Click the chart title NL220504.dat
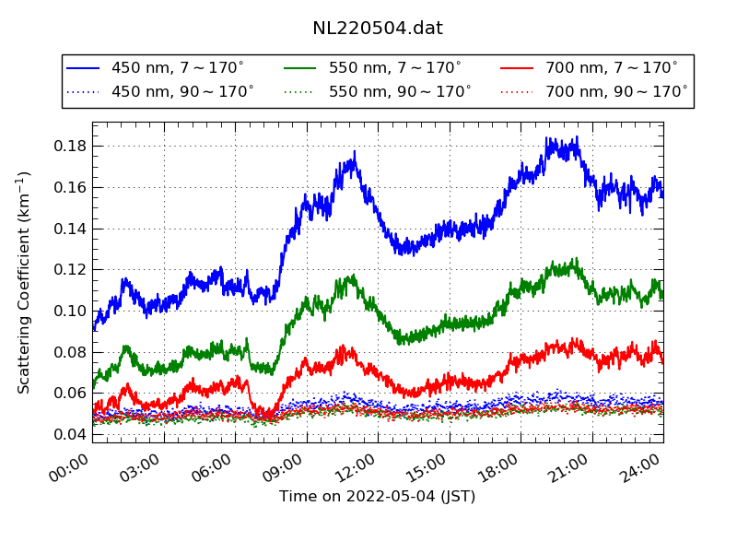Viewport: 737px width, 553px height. pyautogui.click(x=378, y=29)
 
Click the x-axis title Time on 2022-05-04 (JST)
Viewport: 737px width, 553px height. pyautogui.click(x=378, y=497)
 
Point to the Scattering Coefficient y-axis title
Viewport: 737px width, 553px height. pyautogui.click(x=25, y=282)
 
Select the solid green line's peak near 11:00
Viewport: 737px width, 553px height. pyautogui.click(x=351, y=276)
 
